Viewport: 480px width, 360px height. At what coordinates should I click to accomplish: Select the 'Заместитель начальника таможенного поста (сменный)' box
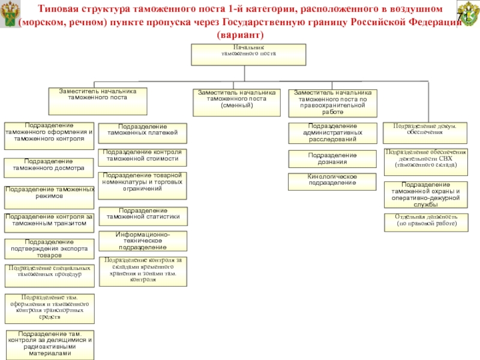(x=235, y=102)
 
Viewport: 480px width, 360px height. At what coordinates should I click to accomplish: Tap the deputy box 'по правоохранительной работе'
(x=333, y=102)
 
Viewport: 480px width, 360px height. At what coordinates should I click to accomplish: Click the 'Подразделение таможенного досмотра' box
(x=49, y=166)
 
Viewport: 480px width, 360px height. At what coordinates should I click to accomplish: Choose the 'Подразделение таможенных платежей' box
(x=142, y=133)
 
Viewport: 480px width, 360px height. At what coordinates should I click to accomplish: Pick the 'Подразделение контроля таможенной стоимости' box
(x=142, y=157)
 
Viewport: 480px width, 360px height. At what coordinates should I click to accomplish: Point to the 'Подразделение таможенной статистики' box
(x=142, y=215)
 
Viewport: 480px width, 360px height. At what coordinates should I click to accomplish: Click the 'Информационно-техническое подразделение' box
(x=142, y=241)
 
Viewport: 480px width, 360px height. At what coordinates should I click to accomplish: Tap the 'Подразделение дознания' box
(x=332, y=158)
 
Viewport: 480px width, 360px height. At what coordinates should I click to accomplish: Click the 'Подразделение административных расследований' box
(x=332, y=133)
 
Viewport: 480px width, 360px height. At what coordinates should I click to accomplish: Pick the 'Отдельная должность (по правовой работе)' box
(x=425, y=221)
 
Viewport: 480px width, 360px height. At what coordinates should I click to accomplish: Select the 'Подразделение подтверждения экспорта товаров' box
(x=49, y=248)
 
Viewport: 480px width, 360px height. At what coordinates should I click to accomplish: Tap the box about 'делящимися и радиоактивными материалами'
(x=49, y=344)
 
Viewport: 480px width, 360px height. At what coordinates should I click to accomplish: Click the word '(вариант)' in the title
(x=239, y=35)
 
